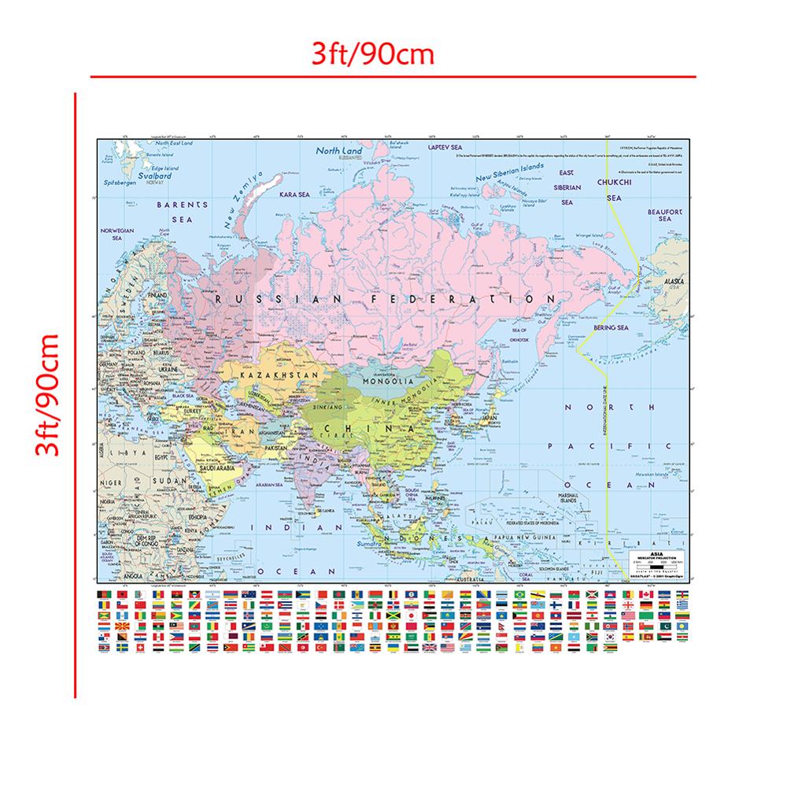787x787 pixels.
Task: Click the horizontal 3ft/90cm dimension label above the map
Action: [x=372, y=54]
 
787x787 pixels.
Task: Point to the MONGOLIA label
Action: [x=383, y=382]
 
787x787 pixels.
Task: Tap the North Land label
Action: [x=338, y=150]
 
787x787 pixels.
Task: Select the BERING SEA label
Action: [x=611, y=327]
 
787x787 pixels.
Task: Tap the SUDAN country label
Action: [x=169, y=478]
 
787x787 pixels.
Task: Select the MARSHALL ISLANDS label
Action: [x=563, y=497]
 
